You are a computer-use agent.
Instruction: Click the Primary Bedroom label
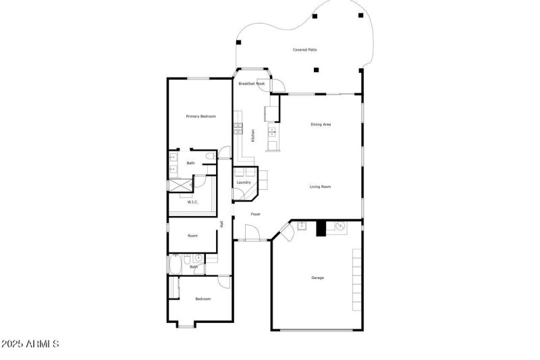click(200, 117)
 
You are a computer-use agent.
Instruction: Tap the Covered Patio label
click(304, 50)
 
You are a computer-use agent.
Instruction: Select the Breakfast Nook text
click(251, 84)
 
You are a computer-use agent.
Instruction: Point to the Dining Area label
click(321, 124)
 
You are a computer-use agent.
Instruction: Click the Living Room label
click(320, 187)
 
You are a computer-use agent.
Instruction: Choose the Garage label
click(317, 278)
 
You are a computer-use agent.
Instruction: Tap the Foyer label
click(256, 214)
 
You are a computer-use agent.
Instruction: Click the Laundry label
click(244, 182)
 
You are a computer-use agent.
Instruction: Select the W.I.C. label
click(192, 202)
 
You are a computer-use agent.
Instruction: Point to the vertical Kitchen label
click(253, 135)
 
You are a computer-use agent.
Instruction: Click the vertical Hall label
click(221, 224)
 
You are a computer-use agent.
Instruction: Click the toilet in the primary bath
click(213, 157)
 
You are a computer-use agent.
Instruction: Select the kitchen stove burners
click(238, 126)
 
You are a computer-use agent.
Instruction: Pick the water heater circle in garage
click(341, 225)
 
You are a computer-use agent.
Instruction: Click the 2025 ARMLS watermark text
click(30, 344)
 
